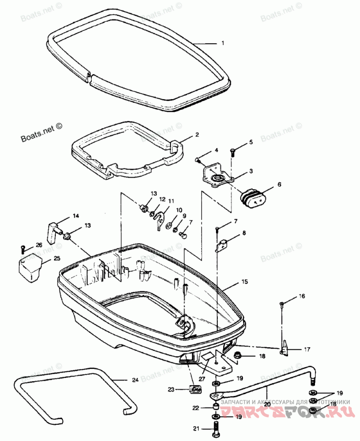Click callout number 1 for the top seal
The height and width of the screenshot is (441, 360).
point(222,44)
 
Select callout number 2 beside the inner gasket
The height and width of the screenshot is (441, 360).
point(197,135)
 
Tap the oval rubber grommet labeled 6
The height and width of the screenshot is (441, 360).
point(252,199)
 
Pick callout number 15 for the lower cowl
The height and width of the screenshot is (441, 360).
point(244,282)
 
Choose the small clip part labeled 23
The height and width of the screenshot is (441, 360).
point(196,390)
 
